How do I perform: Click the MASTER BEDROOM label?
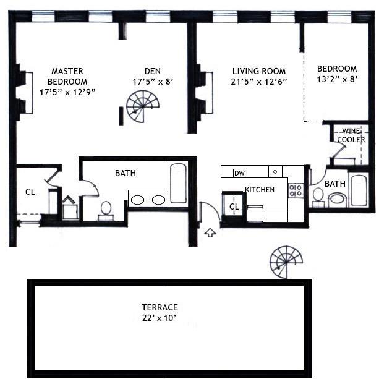(x=67, y=76)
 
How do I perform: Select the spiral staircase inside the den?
(x=140, y=106)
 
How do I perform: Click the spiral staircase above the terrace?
(x=286, y=261)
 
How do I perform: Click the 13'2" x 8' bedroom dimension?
(x=337, y=79)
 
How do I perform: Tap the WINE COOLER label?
(x=351, y=135)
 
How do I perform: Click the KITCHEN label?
(x=260, y=190)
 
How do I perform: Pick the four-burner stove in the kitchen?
(x=296, y=190)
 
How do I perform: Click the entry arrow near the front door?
(x=210, y=232)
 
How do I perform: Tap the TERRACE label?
(x=160, y=307)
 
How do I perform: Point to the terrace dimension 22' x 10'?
(x=160, y=318)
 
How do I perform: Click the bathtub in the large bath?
(x=178, y=184)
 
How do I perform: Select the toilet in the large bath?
(x=105, y=209)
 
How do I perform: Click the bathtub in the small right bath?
(x=359, y=190)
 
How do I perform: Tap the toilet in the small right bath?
(x=319, y=196)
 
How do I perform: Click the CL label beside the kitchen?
(x=234, y=207)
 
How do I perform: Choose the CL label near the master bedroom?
(x=30, y=192)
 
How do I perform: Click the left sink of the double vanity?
(x=139, y=200)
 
